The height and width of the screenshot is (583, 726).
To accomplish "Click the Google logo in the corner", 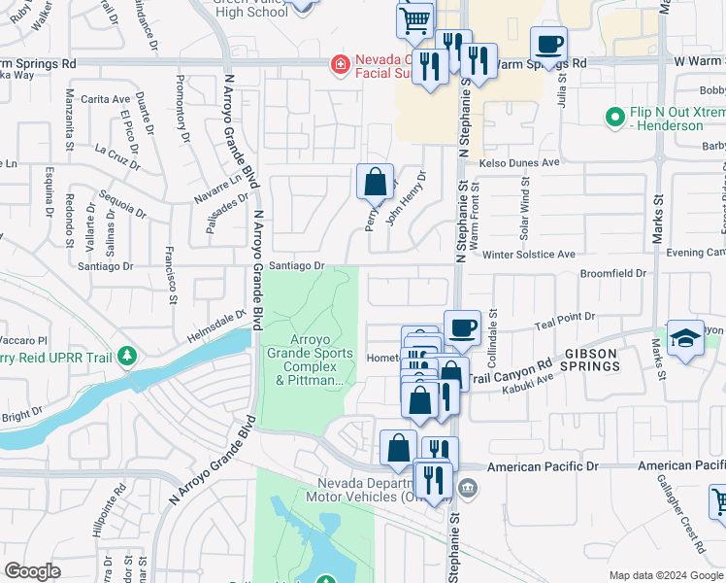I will coord(32,571).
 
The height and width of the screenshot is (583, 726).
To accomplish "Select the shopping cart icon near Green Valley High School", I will coord(415,19).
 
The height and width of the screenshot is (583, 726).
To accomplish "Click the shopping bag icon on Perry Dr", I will coord(375,182).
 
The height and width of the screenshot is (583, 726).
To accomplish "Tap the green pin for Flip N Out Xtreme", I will coord(613,118).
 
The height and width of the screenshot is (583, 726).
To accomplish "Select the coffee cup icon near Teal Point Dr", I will coord(462,328).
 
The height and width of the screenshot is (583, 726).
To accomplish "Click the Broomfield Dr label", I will coord(613,274).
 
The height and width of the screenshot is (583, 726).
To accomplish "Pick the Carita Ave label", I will coord(107,99).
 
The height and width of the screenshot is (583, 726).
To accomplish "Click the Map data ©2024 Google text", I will coord(665,575).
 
